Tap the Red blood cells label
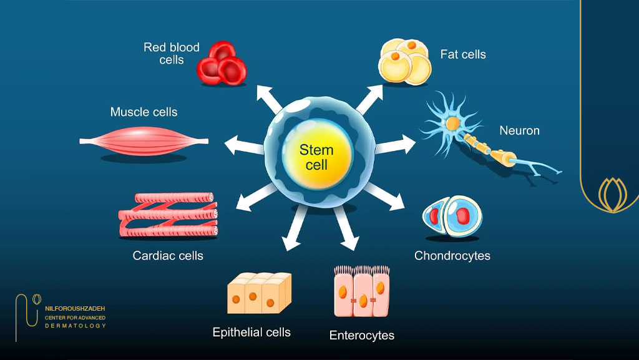(x=172, y=54)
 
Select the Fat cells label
(x=463, y=54)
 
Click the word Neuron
(x=519, y=130)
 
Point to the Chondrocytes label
(x=452, y=256)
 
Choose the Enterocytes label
(x=362, y=335)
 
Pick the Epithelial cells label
(x=251, y=332)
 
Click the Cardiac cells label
(x=168, y=256)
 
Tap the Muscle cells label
(x=144, y=112)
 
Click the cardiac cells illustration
(x=168, y=215)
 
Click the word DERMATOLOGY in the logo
(x=76, y=326)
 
